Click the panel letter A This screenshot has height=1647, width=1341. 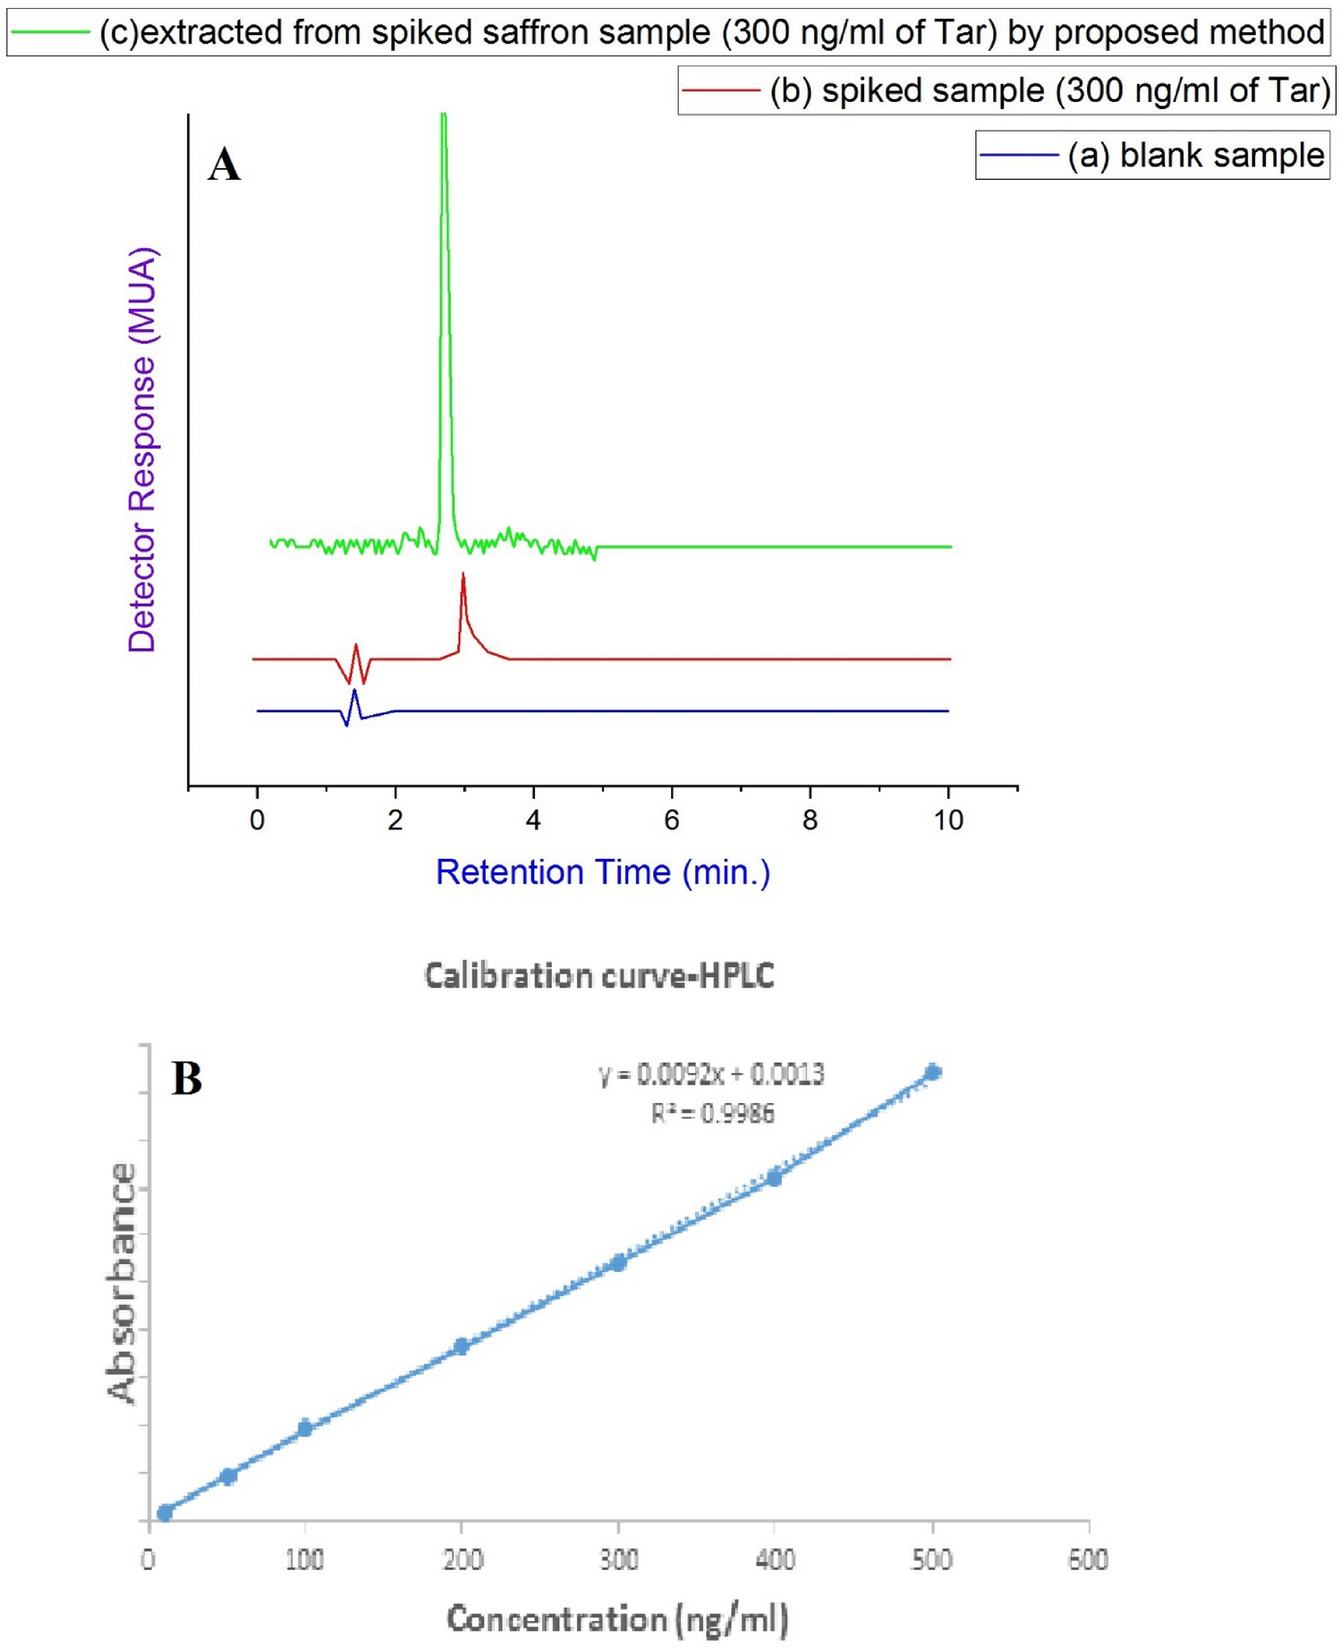pos(224,166)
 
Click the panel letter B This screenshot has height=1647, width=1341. pos(187,1078)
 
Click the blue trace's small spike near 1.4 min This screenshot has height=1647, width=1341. pos(355,692)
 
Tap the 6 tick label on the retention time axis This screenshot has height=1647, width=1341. pos(672,819)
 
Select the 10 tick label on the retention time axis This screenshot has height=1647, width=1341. pos(948,819)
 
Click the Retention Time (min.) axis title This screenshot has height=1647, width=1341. pos(602,872)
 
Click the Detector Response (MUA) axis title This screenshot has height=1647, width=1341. pos(142,450)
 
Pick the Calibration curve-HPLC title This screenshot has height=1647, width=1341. pos(598,975)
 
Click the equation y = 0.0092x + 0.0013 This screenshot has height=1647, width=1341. pos(711,1074)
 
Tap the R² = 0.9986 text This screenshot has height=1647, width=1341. pos(712,1114)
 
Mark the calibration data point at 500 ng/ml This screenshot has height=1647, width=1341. pos(932,1072)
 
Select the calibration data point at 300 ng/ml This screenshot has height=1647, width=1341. pos(618,1263)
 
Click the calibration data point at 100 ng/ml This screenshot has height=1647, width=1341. pos(305,1428)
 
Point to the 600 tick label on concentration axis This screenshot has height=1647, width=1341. pos(1088,1560)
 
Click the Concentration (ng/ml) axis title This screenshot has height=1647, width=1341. pos(617,1619)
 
